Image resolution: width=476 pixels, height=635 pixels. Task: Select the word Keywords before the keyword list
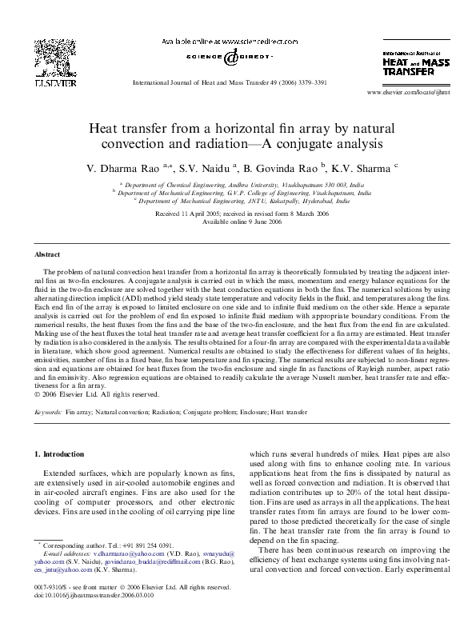(x=49, y=413)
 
